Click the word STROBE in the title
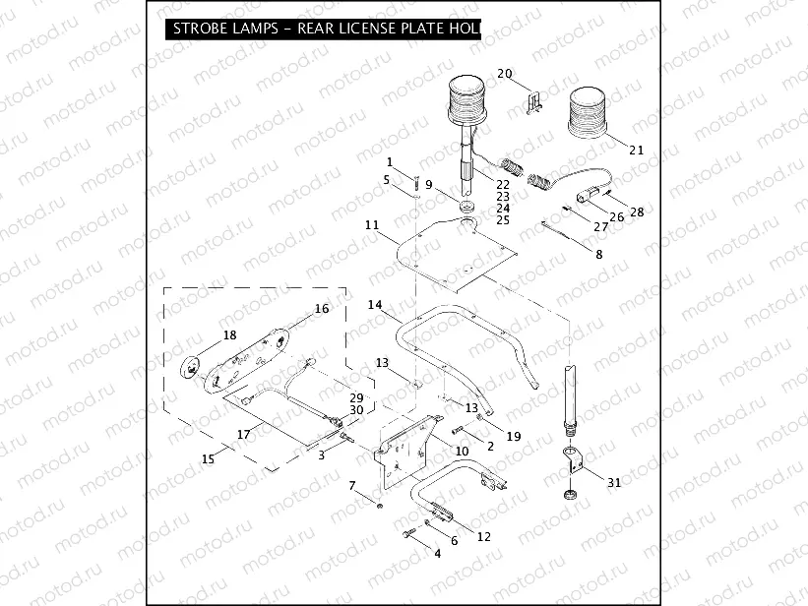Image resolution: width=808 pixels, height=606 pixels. (x=203, y=29)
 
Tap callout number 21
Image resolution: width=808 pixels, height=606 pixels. (x=636, y=151)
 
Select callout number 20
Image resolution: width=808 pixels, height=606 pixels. (x=505, y=74)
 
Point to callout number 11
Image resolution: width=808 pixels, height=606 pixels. (x=371, y=225)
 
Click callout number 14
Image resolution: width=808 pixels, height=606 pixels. (x=375, y=305)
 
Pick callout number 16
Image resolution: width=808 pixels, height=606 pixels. (x=321, y=308)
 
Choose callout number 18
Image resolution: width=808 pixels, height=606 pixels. (x=229, y=335)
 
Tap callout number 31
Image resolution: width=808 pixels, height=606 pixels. (x=614, y=482)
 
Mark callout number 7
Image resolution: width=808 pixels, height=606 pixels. (x=352, y=485)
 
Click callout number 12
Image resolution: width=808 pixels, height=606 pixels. (x=483, y=536)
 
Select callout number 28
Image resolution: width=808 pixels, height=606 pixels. (x=637, y=212)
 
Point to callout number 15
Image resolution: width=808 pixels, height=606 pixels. (x=208, y=458)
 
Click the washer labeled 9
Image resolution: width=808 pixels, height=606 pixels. (x=466, y=208)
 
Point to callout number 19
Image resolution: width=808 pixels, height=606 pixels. (x=513, y=435)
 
